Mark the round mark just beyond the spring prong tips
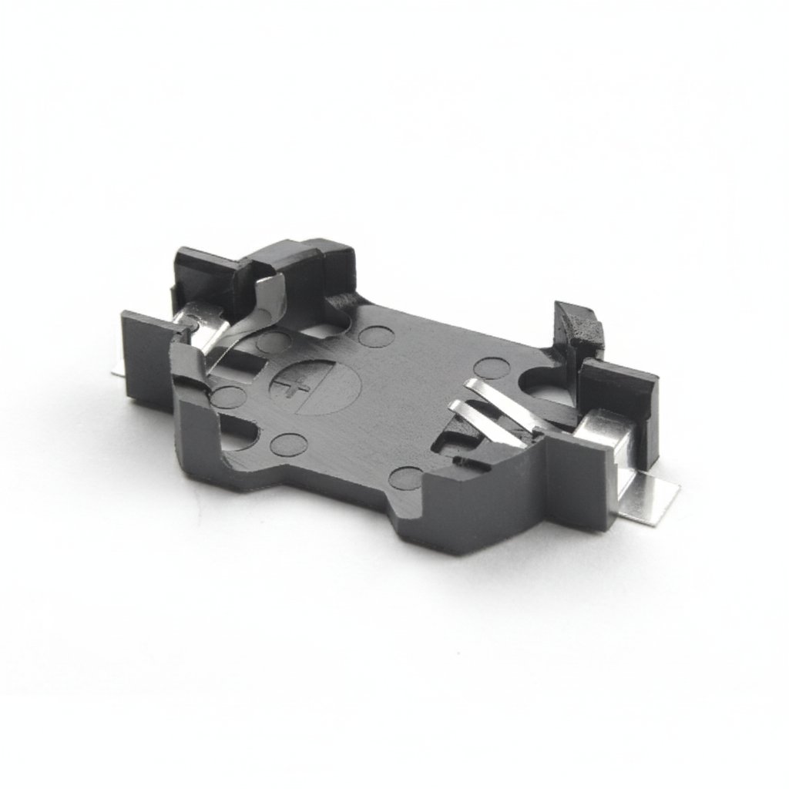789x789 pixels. tap(491, 368)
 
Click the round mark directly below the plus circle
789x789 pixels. tap(290, 445)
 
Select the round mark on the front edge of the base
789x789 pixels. tap(405, 478)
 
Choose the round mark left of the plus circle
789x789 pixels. tap(228, 397)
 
